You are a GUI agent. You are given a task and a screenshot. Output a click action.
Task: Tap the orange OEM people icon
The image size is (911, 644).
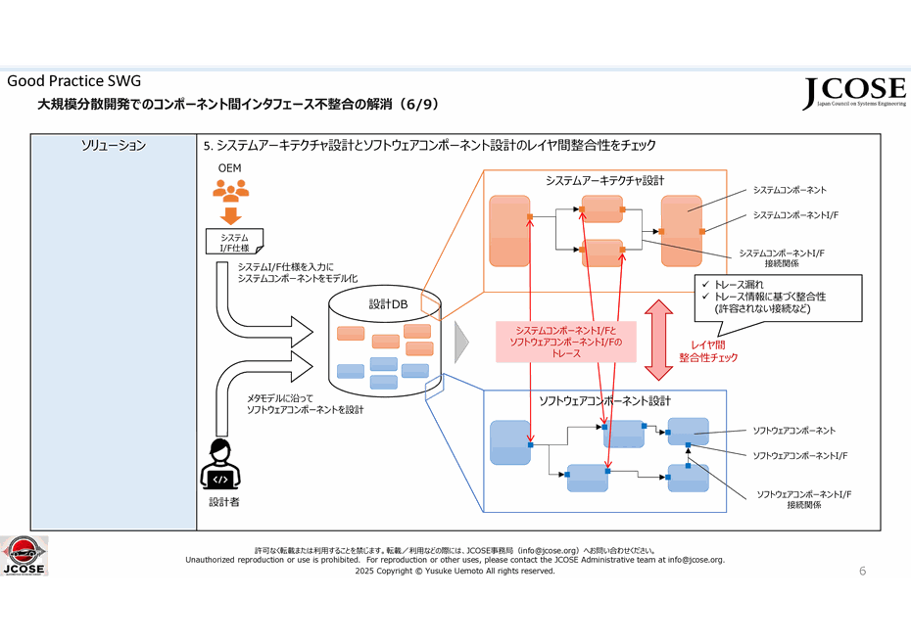pos(231,192)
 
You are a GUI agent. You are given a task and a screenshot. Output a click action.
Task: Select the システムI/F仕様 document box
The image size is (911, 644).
pos(234,241)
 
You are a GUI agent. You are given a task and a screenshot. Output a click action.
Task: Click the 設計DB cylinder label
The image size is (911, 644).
pos(388,304)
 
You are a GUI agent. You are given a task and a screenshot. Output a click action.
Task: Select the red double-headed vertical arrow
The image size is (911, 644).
pos(658,338)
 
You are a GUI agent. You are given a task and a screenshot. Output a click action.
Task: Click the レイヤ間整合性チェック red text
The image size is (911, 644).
pos(708,351)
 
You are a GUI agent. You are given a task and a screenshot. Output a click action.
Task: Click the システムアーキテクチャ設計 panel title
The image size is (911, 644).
pos(604,180)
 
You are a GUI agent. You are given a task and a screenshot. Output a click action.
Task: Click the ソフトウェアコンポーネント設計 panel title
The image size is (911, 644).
pos(604,401)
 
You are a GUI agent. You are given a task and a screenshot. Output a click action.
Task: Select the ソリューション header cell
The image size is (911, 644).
pos(114,146)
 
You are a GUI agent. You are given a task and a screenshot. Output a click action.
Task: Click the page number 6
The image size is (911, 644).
pos(862,570)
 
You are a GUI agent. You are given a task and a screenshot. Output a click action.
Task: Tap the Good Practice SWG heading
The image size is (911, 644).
pos(74,80)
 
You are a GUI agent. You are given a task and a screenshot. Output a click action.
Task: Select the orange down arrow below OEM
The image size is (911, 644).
pos(232,214)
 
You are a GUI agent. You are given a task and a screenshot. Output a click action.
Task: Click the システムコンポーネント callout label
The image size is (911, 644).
pos(789,190)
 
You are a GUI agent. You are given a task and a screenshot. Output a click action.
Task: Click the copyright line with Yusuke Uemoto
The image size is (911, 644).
pos(455,571)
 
